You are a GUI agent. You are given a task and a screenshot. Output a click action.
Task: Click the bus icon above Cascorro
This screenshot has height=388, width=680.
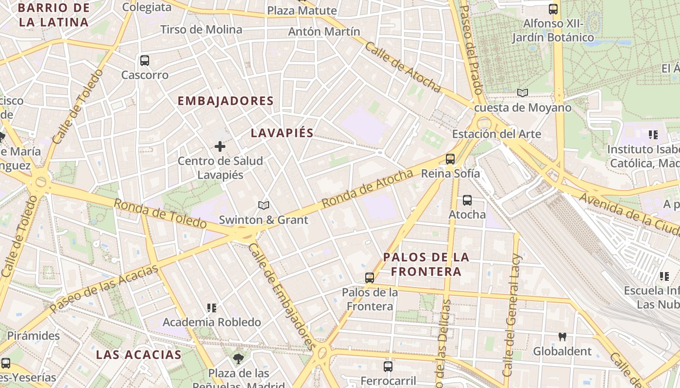click(x=144, y=61)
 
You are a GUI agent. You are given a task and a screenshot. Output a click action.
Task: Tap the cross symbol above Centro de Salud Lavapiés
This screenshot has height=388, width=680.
click(x=220, y=146)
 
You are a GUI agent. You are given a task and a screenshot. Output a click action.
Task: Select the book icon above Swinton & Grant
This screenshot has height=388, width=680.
click(x=264, y=206)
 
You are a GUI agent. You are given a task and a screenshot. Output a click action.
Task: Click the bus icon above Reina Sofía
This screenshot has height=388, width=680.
click(x=450, y=159)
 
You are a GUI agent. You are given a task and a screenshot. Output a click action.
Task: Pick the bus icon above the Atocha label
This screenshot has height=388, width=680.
click(x=467, y=200)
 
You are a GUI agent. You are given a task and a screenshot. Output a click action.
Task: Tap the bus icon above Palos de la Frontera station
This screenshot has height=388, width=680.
click(x=370, y=278)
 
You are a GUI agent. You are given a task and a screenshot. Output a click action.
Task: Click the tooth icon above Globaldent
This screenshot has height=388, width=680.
click(x=562, y=337)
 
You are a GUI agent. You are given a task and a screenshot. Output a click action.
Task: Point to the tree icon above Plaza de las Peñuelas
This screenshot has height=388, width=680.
click(x=238, y=359)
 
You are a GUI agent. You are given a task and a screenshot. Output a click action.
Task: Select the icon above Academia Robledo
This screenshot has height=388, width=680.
click(x=212, y=307)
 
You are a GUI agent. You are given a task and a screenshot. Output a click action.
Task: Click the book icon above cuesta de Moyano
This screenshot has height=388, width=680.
click(x=523, y=93)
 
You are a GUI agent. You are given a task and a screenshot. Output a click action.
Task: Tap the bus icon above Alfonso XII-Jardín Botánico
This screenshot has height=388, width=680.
click(x=553, y=9)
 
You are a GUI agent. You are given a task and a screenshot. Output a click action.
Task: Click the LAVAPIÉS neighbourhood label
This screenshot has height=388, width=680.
click(x=282, y=133)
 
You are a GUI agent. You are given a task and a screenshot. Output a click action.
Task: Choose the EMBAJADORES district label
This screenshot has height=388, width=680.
click(x=226, y=101)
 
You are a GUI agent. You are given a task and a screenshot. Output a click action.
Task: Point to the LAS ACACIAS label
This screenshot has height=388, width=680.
click(x=138, y=355)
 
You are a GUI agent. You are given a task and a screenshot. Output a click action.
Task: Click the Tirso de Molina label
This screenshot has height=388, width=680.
click(x=201, y=30)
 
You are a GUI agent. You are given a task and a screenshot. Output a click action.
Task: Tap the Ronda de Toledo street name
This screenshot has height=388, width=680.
click(x=160, y=213)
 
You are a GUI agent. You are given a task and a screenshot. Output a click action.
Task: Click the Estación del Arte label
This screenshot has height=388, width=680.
click(x=496, y=134)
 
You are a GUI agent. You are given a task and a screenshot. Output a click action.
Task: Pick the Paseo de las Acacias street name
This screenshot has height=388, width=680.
click(x=104, y=289)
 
